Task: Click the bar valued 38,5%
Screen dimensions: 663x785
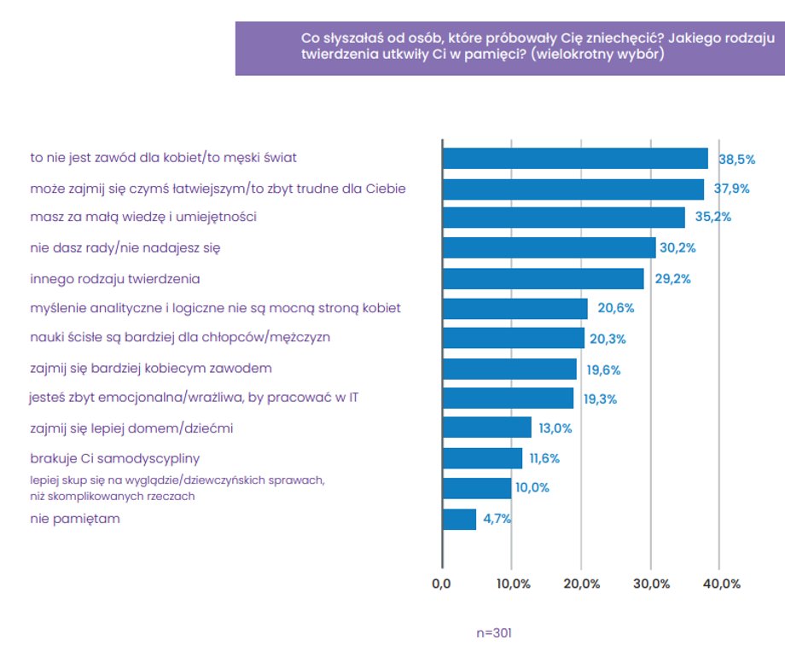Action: point(575,159)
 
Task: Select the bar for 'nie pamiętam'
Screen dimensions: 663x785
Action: point(459,519)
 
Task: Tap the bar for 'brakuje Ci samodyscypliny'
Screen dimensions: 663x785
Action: point(482,458)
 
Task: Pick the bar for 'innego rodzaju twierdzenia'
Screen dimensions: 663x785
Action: point(543,279)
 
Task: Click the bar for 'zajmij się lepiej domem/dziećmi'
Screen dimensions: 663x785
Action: point(486,427)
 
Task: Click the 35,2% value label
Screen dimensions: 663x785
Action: point(713,218)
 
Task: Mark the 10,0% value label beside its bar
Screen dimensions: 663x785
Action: point(532,488)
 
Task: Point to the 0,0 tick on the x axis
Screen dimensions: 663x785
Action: point(441,584)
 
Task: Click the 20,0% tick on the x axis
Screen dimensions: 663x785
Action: point(581,584)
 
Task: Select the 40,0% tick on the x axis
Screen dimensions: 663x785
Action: point(719,584)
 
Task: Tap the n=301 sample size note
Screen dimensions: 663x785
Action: point(494,633)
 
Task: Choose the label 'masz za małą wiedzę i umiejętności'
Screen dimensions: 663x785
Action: point(143,218)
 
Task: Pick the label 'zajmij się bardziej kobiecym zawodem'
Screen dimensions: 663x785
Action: point(151,369)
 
